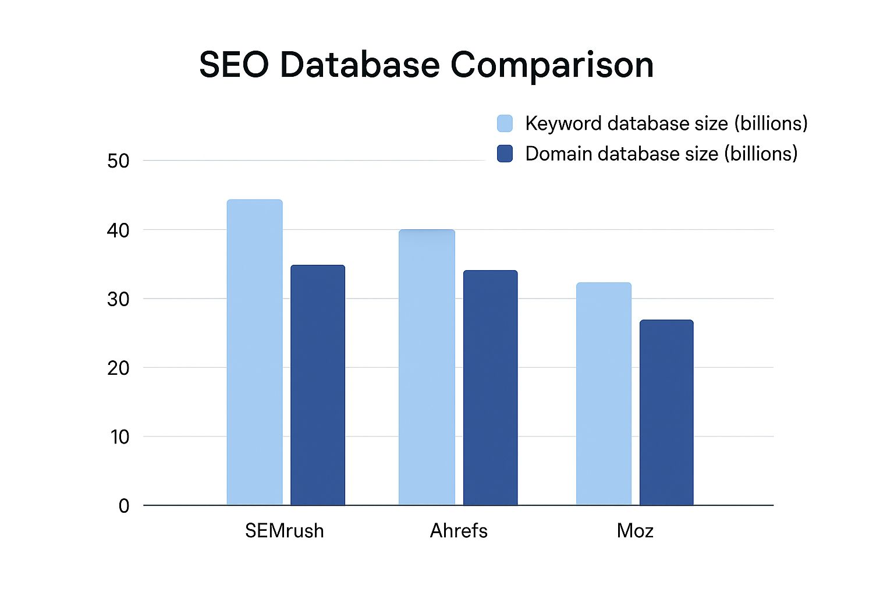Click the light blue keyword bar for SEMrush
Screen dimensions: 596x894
[x=254, y=352]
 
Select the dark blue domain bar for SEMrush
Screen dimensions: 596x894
[x=318, y=385]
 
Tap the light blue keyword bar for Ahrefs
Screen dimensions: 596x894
[x=427, y=367]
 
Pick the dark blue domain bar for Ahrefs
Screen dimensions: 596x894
[x=490, y=388]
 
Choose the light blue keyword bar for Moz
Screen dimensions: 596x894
[x=604, y=393]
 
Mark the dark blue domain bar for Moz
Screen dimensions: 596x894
[x=666, y=412]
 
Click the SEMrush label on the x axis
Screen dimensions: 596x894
[x=284, y=531]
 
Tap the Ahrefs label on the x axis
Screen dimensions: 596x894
[x=459, y=531]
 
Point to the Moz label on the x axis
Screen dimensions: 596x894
[x=635, y=531]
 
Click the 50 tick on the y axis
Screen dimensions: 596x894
[x=118, y=161]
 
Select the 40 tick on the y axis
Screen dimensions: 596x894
[x=118, y=230]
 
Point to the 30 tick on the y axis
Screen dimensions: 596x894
[x=118, y=299]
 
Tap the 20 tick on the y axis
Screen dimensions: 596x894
[x=118, y=368]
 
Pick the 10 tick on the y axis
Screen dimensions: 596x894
[x=119, y=437]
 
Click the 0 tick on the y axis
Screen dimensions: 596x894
[x=124, y=506]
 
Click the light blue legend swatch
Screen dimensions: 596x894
[x=505, y=123]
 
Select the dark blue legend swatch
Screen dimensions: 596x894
[x=505, y=154]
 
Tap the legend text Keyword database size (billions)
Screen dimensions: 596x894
[x=666, y=123]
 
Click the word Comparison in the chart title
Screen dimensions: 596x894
[x=552, y=65]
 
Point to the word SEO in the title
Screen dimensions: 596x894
[x=234, y=65]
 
